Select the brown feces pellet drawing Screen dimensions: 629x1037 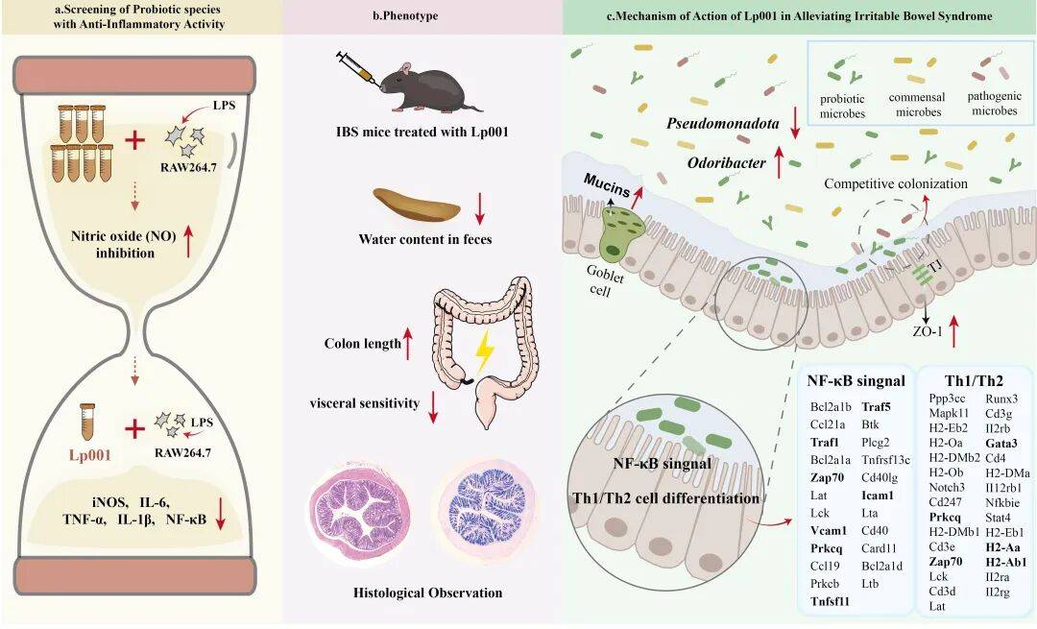pos(413,205)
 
